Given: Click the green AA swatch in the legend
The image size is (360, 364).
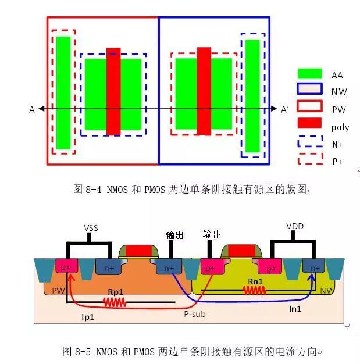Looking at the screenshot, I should click(309, 74).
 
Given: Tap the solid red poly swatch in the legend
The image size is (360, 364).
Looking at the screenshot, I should click(309, 123).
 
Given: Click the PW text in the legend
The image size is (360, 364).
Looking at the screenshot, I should click(339, 109).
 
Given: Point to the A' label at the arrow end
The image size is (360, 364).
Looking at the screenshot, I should click(285, 109).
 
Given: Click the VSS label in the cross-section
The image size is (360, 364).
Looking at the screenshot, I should click(91, 229).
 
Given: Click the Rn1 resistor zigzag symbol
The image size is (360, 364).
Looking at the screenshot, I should click(255, 289).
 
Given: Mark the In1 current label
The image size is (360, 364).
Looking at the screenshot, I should click(295, 309).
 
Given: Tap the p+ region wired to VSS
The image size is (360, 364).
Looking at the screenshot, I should click(67, 267).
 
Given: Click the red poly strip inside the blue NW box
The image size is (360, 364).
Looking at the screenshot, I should click(204, 91).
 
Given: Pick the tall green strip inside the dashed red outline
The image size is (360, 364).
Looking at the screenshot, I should click(63, 92).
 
